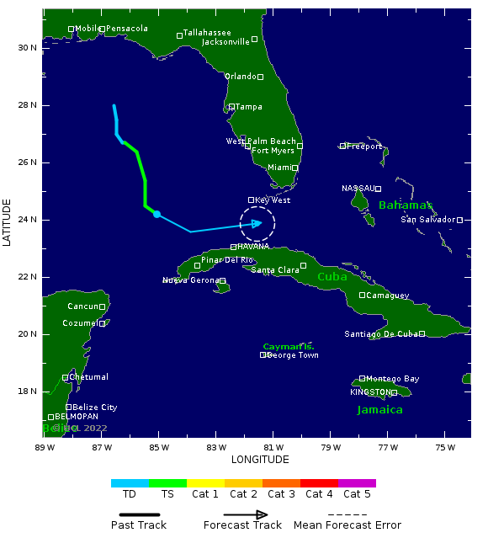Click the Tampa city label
248,107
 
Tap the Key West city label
273,200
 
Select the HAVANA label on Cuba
253,247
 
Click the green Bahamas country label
405,205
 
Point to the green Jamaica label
379,410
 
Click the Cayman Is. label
289,346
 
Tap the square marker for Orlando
260,77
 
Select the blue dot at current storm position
157,214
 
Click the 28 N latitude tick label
28,105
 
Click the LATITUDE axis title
8,222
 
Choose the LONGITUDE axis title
260,460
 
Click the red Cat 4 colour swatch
319,483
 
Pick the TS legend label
167,494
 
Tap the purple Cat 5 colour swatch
357,483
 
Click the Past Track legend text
139,525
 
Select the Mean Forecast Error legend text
347,525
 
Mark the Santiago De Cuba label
380,334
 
